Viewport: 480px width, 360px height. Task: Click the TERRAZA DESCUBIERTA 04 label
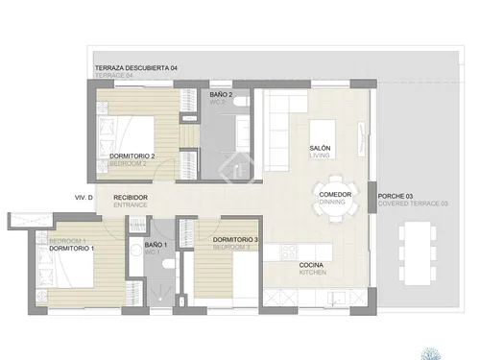pos(136,68)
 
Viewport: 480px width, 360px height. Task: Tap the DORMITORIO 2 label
pos(132,156)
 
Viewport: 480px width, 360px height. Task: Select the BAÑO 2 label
pos(222,96)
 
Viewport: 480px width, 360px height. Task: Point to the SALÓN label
pos(321,148)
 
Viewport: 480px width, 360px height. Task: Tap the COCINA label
pos(312,265)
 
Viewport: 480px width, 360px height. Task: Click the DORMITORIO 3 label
pos(235,239)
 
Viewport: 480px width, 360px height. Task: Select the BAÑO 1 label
pos(156,246)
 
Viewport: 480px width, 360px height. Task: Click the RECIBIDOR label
pos(131,198)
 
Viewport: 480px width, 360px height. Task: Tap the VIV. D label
pos(83,198)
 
